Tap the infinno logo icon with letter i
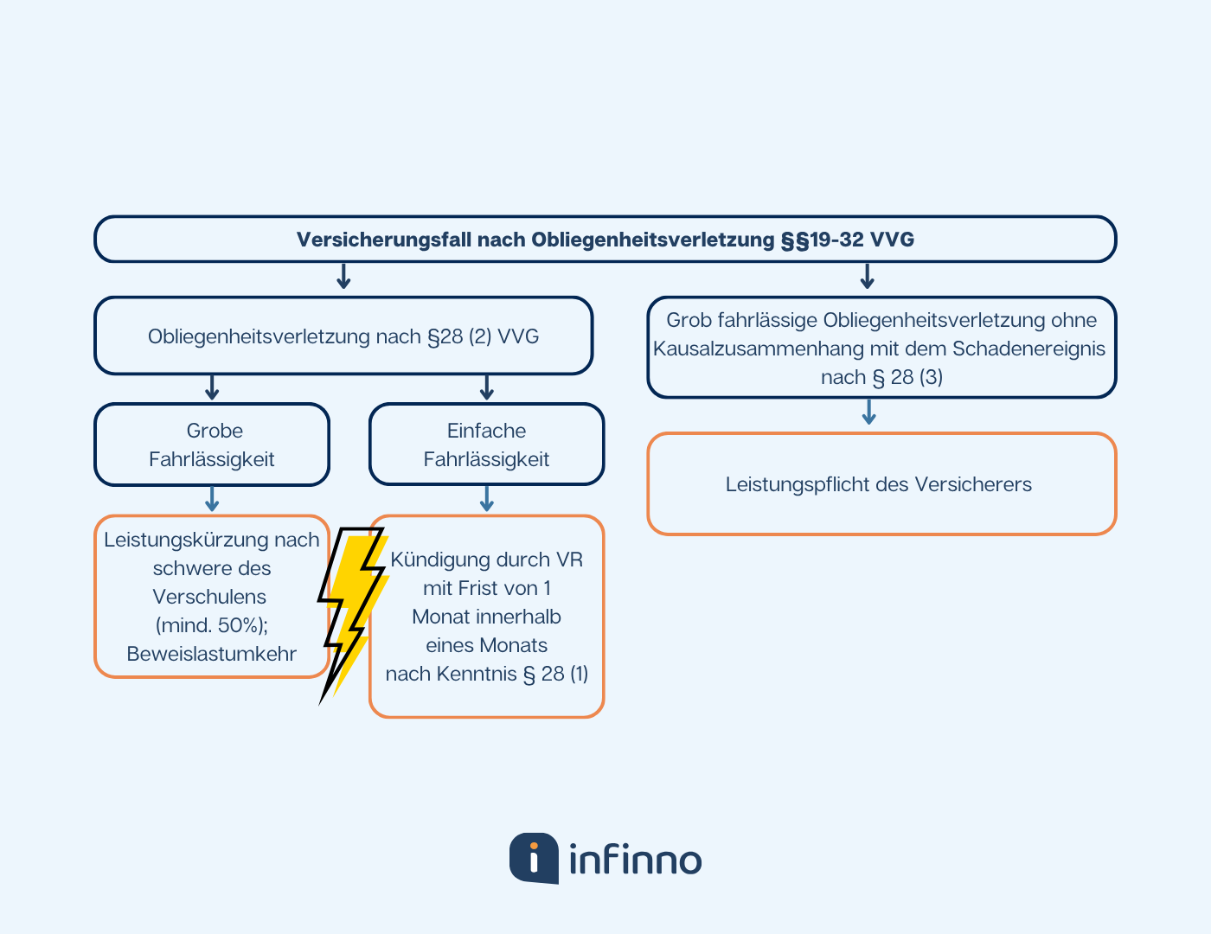click(534, 858)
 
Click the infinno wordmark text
click(636, 860)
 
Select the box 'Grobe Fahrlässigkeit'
click(212, 445)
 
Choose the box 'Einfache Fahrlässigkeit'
click(486, 445)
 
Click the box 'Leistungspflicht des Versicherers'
click(881, 484)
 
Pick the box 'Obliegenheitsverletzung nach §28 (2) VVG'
click(343, 336)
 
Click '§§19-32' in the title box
click(823, 240)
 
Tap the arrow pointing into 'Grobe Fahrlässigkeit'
click(212, 387)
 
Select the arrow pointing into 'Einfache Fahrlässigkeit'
click(486, 387)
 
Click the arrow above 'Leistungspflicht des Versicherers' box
click(869, 412)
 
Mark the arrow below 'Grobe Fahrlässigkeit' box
click(212, 499)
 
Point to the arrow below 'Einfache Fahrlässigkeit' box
click(486, 499)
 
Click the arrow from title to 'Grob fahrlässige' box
click(868, 277)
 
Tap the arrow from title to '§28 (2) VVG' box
click(343, 277)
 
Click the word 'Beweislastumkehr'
click(212, 654)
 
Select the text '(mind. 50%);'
click(212, 625)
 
